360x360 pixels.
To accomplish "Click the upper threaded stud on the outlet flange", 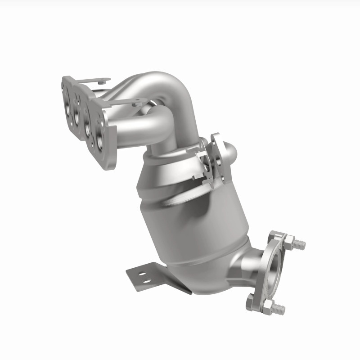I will [298, 245].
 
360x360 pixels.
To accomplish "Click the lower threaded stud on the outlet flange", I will [278, 309].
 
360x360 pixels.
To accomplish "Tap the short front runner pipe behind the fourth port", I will [135, 128].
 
